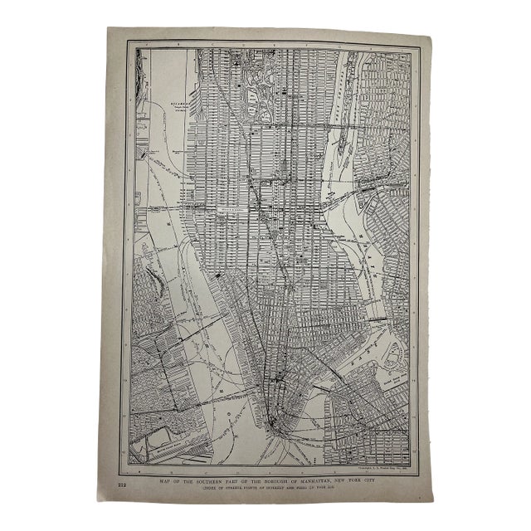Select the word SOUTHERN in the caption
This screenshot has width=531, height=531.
coord(218,480)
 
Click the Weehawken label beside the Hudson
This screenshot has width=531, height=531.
coord(175,105)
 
